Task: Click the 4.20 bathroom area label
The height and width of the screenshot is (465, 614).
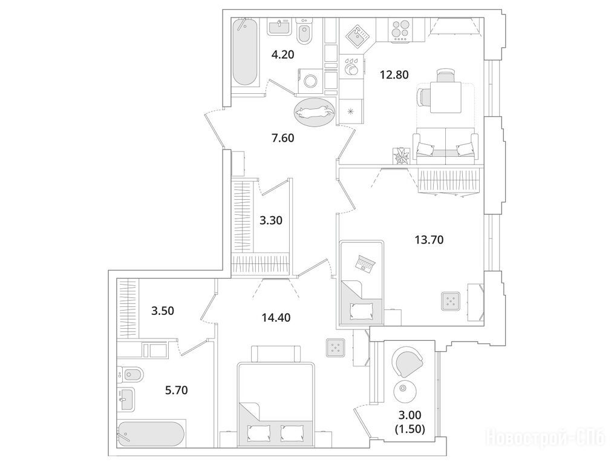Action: click(283, 54)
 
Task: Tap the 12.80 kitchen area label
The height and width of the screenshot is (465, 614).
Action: click(394, 74)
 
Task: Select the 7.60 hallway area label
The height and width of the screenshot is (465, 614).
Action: click(283, 138)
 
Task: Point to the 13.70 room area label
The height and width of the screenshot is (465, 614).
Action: click(429, 239)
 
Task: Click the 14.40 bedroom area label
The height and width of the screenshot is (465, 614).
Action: click(276, 317)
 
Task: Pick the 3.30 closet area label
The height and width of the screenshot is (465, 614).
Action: click(271, 220)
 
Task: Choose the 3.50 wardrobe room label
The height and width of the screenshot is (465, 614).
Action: click(163, 311)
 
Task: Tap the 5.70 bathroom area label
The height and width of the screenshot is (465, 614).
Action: click(176, 390)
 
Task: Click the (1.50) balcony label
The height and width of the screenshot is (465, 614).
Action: click(410, 429)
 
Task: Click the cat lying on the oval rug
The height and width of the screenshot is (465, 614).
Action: click(315, 112)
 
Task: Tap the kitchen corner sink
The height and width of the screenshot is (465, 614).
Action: click(357, 35)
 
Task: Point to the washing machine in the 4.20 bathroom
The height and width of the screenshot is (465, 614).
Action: click(312, 81)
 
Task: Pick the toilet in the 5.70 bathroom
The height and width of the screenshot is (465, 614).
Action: click(127, 375)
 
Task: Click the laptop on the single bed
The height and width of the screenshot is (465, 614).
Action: click(365, 263)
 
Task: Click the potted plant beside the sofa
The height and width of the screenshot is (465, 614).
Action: click(402, 156)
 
